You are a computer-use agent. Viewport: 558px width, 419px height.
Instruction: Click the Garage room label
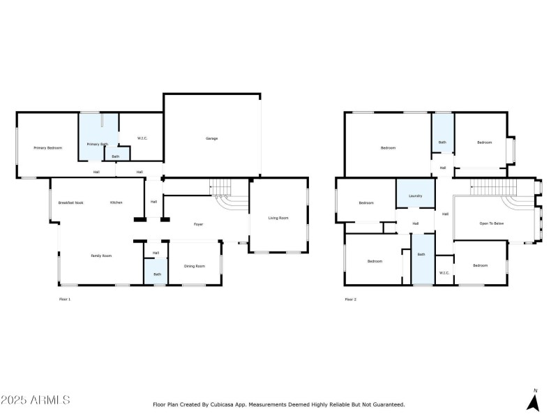coord(211,138)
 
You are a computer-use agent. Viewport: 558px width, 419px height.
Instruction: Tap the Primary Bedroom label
coord(48,148)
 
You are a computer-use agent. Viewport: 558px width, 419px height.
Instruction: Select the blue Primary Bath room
coord(97,133)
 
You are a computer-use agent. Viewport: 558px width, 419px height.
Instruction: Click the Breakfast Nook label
coord(70,203)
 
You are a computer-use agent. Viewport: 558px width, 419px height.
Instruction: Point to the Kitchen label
coord(116,203)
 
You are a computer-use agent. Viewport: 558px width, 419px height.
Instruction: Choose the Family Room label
coord(101,256)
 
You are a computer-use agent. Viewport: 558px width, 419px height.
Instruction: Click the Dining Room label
coord(195,266)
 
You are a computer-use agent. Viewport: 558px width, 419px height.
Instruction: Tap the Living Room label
coord(278,218)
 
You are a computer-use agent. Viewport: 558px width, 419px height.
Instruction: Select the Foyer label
coord(198,224)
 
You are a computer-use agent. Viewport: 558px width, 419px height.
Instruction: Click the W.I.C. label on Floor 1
coord(142,138)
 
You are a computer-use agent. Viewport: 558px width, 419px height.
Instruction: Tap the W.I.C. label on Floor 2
coord(444,273)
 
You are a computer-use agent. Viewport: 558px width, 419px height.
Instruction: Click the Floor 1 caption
coord(64,299)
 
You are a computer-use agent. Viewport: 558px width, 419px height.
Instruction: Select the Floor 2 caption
coord(350,299)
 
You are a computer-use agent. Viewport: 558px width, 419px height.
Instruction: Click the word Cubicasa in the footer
coord(222,404)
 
